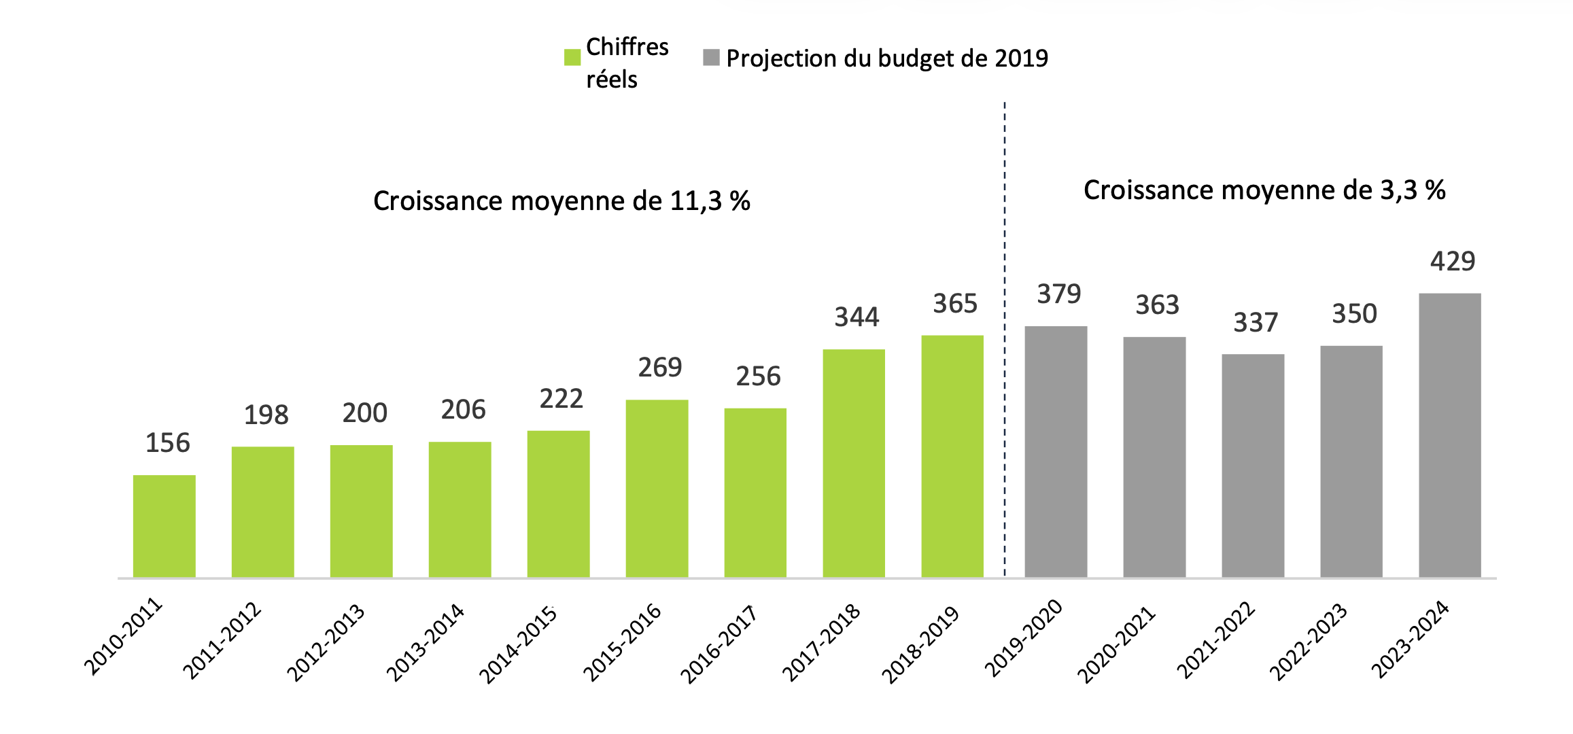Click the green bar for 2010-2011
tap(164, 526)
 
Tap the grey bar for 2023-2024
tap(1449, 435)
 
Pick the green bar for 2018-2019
tap(952, 456)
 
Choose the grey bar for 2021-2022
tap(1252, 466)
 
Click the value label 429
tap(1453, 262)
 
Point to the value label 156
tap(168, 443)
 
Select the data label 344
tap(857, 317)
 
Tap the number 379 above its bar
tap(1058, 294)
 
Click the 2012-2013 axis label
tap(326, 642)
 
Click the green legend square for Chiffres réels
tap(572, 58)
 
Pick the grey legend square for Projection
tap(711, 58)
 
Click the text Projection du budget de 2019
tap(887, 58)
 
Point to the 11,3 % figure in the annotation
tap(710, 201)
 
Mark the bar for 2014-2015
tap(558, 504)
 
